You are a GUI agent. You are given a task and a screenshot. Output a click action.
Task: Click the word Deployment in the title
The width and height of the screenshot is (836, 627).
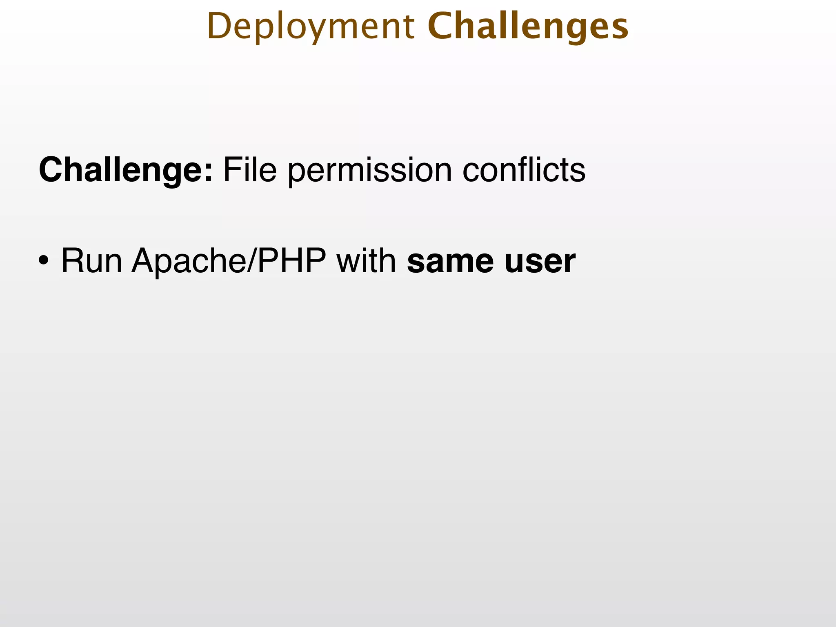311,27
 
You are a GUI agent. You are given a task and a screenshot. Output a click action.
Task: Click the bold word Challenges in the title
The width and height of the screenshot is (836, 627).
528,27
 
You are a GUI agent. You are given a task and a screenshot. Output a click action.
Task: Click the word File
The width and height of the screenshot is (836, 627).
250,169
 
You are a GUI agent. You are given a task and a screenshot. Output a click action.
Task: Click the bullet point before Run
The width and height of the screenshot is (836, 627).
44,261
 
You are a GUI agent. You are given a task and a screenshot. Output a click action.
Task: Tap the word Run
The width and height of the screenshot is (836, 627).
91,261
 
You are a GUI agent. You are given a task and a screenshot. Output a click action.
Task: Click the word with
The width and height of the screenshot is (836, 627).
366,261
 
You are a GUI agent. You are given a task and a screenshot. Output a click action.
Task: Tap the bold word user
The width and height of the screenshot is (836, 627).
540,261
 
